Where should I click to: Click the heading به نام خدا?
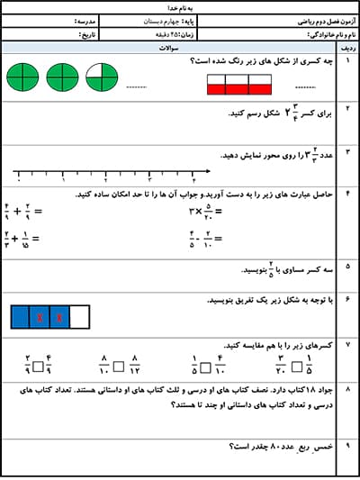point(179,6)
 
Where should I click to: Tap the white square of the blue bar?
point(80,316)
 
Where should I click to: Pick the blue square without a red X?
point(20,316)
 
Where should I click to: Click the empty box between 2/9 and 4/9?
point(38,366)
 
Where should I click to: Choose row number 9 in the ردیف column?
point(347,445)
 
